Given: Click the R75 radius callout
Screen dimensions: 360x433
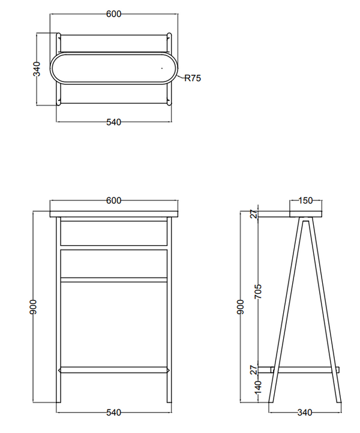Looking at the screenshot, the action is coord(193,78).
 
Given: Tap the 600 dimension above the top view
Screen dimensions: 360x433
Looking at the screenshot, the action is coord(113,14).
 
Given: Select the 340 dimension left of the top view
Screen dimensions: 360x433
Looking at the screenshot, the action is coord(37,69).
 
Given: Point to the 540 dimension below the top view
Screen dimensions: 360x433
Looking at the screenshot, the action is coord(113,122).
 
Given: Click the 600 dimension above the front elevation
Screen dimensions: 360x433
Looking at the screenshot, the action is coord(113,200).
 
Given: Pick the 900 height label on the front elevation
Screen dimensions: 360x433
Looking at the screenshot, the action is coord(33,307).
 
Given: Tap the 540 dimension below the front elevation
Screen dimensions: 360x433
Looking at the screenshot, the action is coord(113,413).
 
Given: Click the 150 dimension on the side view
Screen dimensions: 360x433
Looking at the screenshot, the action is coord(305,200).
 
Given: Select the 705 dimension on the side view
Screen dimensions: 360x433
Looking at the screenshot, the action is coord(258,291).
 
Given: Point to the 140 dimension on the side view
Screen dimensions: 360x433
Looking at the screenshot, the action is coord(258,387).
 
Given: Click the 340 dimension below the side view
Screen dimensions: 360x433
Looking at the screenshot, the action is coord(305,413).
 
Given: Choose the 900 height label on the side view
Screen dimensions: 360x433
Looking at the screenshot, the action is coord(241,307).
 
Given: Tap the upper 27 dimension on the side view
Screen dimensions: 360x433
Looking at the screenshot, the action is coord(254,214).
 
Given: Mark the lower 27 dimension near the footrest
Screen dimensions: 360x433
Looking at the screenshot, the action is coord(254,370).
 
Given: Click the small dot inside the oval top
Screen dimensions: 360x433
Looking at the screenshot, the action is coord(162,68).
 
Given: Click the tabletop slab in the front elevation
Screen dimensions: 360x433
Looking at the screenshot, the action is coord(114,214).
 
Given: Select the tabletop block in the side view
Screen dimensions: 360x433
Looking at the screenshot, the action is coord(305,214).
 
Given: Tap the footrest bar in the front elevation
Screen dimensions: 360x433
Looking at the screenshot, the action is coord(114,370).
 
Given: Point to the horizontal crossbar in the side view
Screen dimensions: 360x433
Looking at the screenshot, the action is coord(305,370).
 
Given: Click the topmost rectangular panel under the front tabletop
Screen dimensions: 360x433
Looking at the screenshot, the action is coord(114,233).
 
